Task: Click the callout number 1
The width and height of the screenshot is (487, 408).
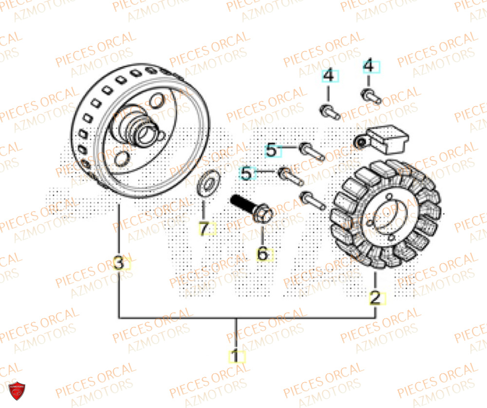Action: [236, 356]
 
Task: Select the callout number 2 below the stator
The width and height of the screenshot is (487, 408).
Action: [376, 297]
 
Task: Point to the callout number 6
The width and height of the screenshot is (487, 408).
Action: [263, 253]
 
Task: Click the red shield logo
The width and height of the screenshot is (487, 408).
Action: [18, 389]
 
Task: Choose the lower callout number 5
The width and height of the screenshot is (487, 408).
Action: [248, 174]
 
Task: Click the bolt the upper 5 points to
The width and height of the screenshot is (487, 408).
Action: [312, 151]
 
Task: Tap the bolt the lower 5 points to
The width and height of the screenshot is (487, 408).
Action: [291, 176]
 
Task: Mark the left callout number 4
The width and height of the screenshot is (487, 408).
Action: [329, 77]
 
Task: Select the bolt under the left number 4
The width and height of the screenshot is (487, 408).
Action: [331, 111]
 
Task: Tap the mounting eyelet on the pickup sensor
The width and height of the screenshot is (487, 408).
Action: [361, 142]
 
